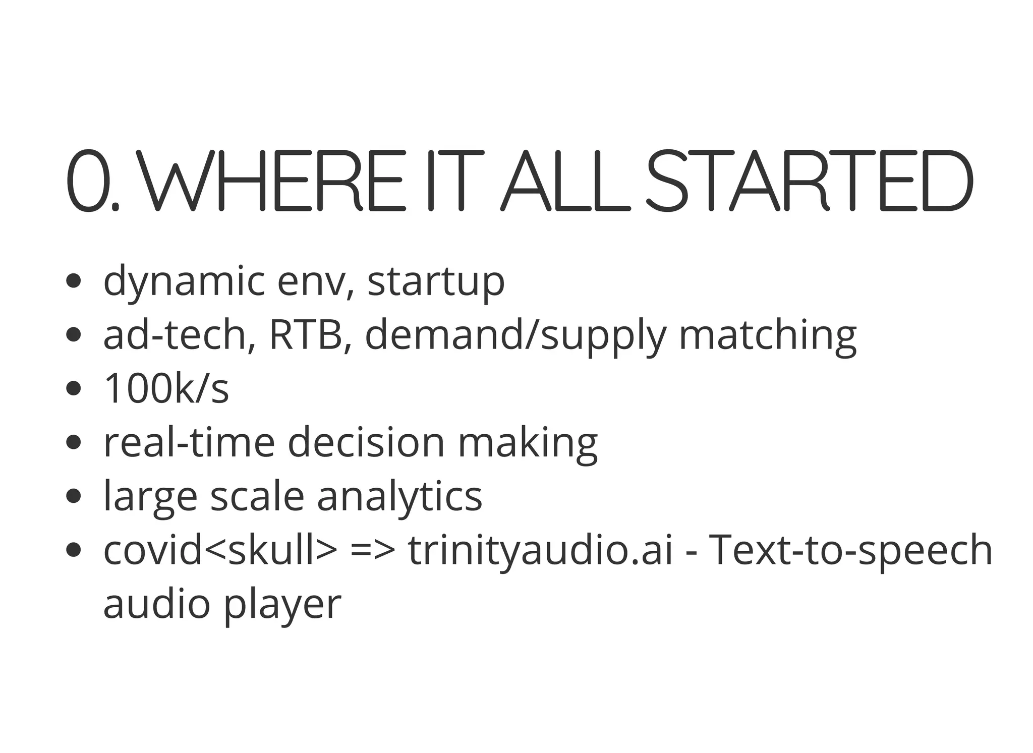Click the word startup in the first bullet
tap(436, 281)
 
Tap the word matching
tap(767, 335)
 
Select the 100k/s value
tap(166, 388)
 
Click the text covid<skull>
tap(220, 550)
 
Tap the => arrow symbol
tap(372, 550)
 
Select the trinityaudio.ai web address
tap(540, 550)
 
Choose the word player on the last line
tap(283, 604)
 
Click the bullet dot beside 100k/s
tap(74, 389)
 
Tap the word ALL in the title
tap(565, 181)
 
